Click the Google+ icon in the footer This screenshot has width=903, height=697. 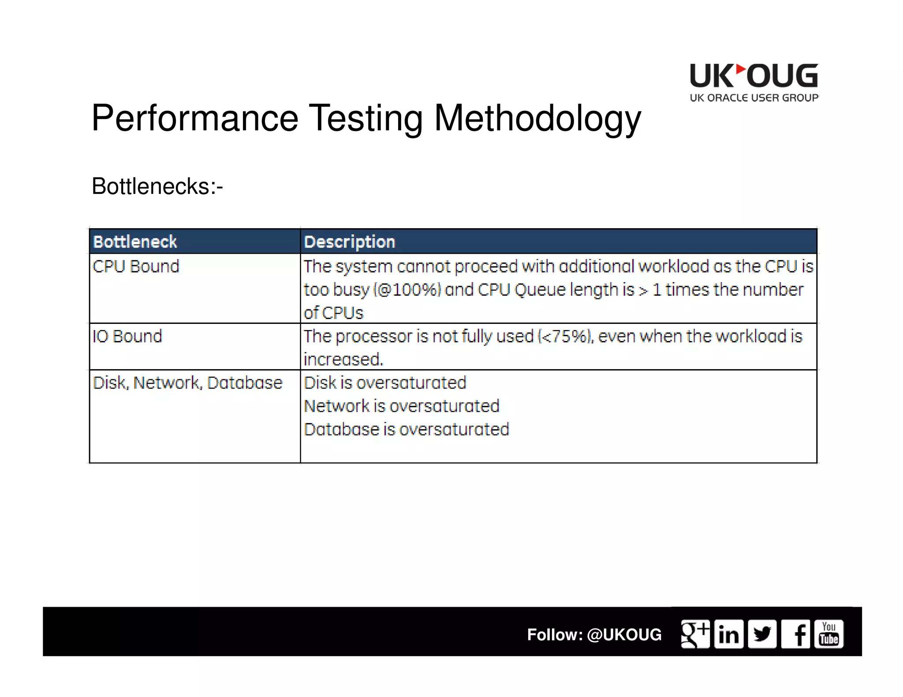click(x=695, y=634)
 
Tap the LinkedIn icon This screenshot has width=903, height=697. click(x=729, y=634)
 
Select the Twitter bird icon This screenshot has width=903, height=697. click(x=762, y=634)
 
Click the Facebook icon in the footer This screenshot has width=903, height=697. click(x=796, y=634)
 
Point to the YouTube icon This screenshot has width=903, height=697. click(x=829, y=634)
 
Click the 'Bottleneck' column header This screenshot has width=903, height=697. click(x=135, y=241)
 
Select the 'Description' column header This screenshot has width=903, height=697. click(x=350, y=241)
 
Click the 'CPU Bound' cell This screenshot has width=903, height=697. click(x=136, y=266)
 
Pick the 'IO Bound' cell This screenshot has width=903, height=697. click(x=127, y=336)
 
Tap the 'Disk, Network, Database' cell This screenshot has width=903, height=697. click(x=187, y=382)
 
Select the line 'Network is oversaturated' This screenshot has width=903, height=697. click(x=402, y=406)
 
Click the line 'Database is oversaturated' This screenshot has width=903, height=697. click(x=407, y=429)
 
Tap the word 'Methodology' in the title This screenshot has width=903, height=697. click(x=537, y=118)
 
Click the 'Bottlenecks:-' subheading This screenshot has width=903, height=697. click(x=157, y=186)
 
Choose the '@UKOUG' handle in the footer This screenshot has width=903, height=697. click(x=624, y=634)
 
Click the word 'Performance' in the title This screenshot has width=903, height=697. click(x=195, y=118)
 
